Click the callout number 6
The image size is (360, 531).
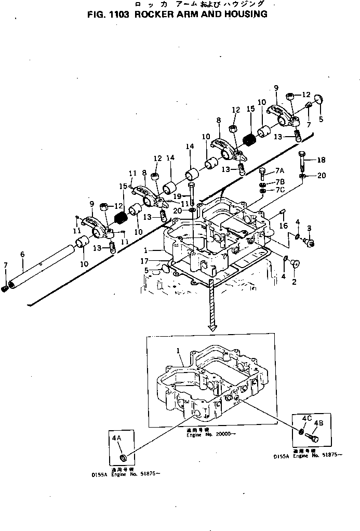(22, 254)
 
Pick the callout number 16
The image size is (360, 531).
(283, 226)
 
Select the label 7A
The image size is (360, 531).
(280, 171)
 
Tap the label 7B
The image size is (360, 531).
(280, 181)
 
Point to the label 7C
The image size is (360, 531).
(280, 190)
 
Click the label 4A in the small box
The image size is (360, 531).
(116, 438)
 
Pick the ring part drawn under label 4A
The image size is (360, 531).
(123, 458)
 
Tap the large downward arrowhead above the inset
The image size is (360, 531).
(212, 327)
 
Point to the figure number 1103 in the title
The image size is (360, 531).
(117, 15)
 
